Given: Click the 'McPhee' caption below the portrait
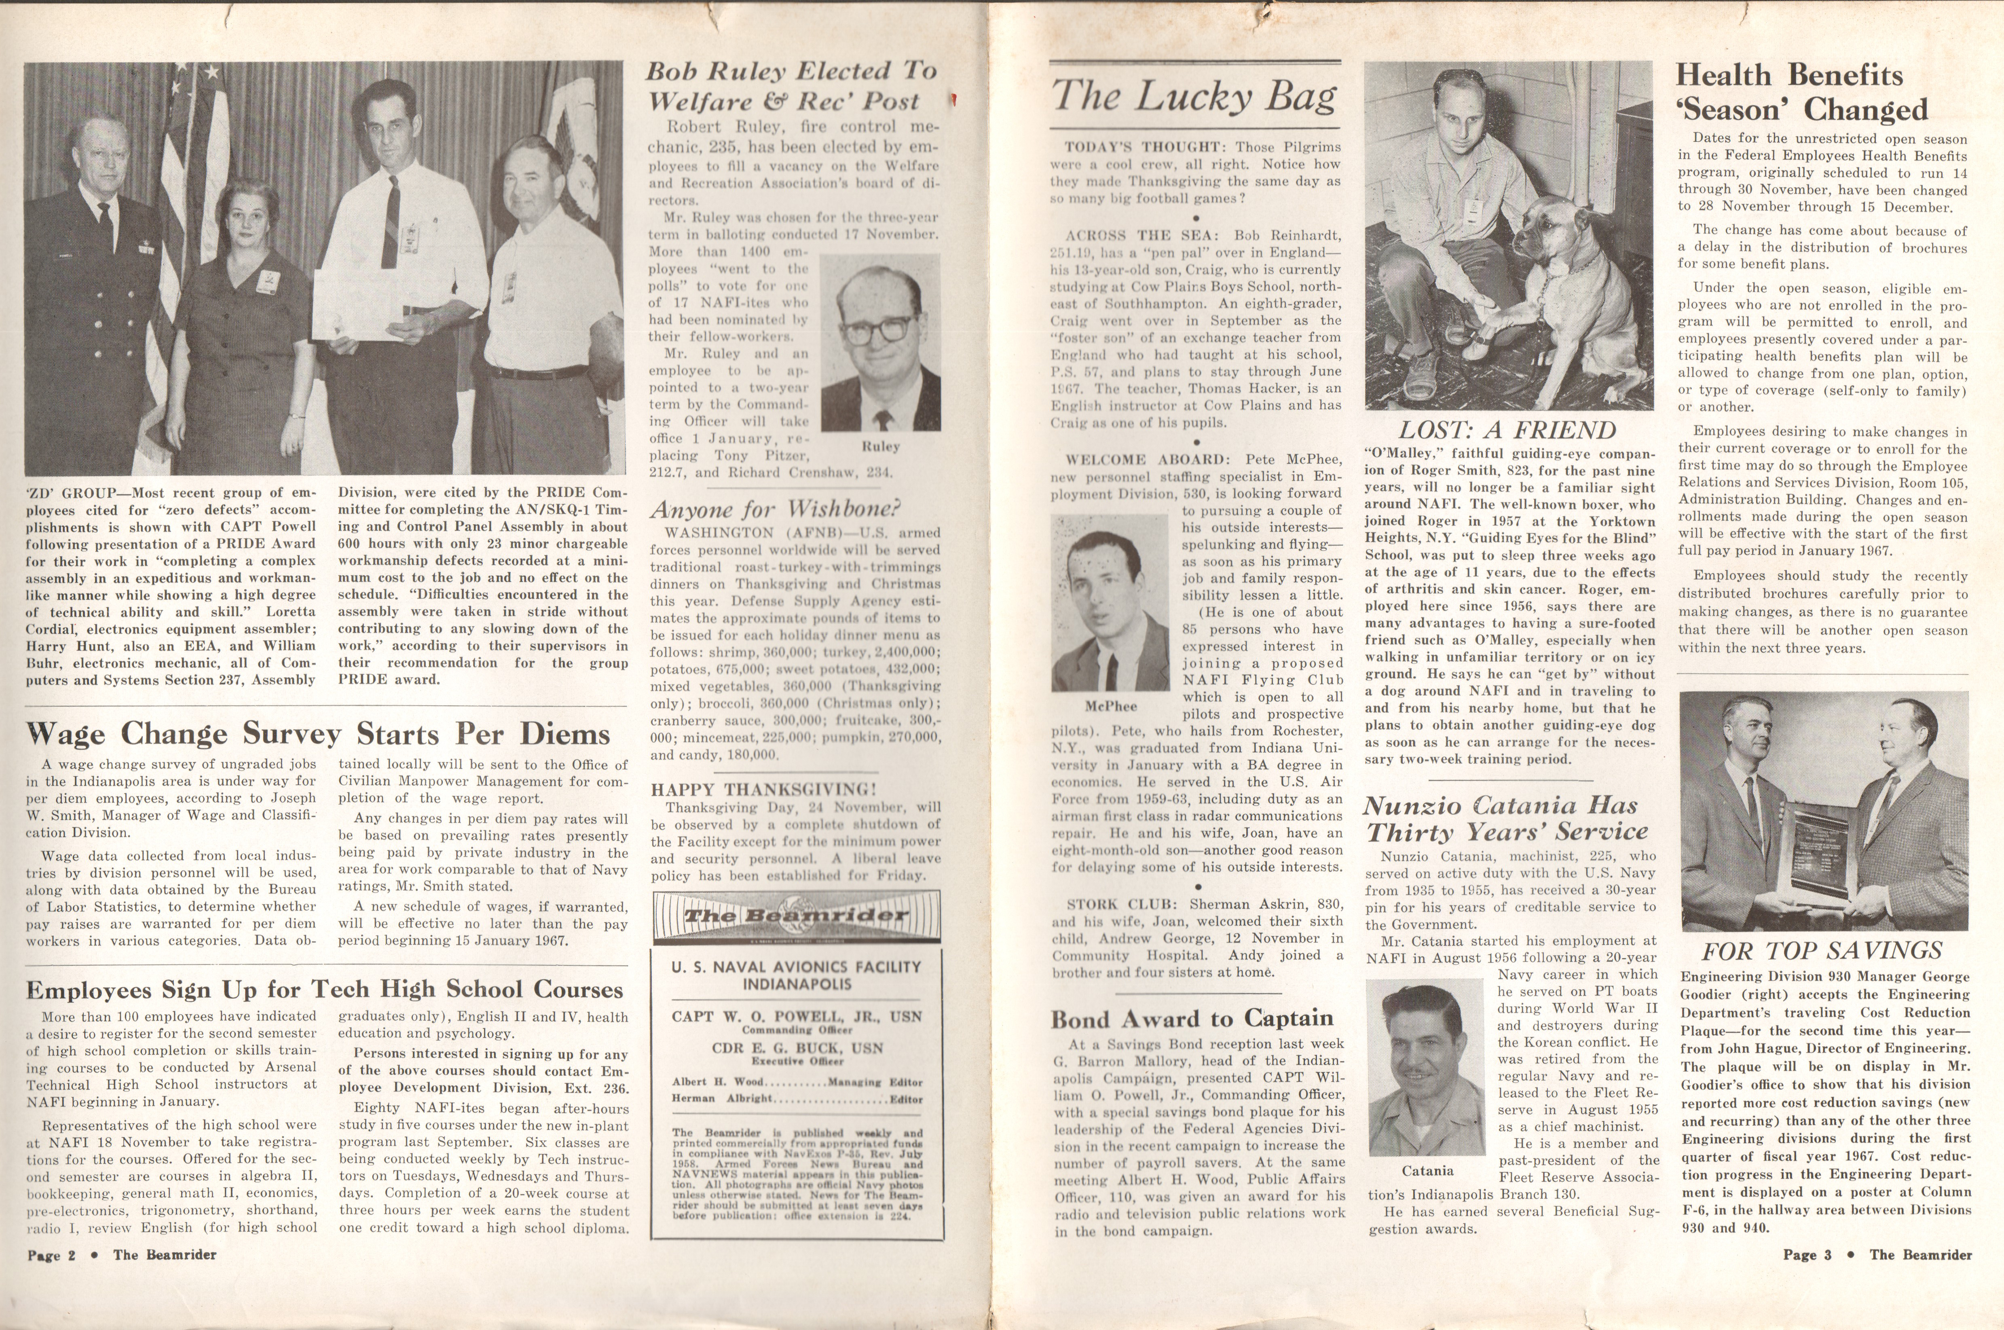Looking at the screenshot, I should [1111, 706].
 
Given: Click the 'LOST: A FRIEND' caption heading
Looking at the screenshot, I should [1507, 430].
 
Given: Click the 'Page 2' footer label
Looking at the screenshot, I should [51, 1255].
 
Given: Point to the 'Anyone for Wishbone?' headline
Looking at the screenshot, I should [775, 509].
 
